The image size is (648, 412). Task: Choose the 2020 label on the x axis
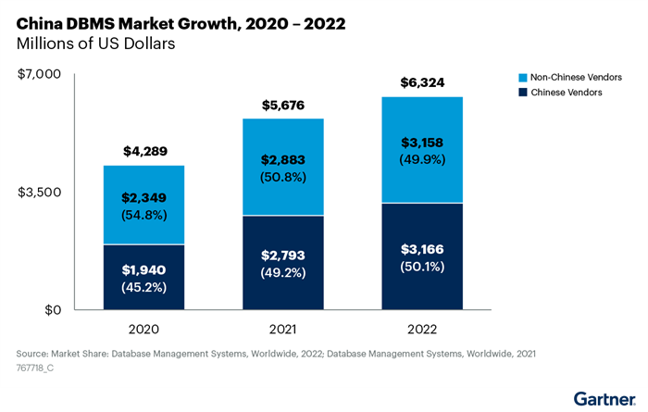coord(143,329)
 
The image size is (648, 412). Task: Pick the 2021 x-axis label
coord(283,329)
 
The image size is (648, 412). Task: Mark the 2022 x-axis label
coord(423,329)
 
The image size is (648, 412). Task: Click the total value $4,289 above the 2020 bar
coord(143,151)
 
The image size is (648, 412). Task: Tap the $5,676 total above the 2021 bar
coord(283,105)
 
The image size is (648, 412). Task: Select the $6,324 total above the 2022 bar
coord(423,82)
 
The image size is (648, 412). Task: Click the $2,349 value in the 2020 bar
coord(143,197)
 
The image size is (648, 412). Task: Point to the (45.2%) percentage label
coord(143,286)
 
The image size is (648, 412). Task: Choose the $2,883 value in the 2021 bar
coord(283,160)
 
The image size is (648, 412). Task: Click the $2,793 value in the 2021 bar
coord(283,255)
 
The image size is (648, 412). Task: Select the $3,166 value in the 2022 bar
coord(423,249)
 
